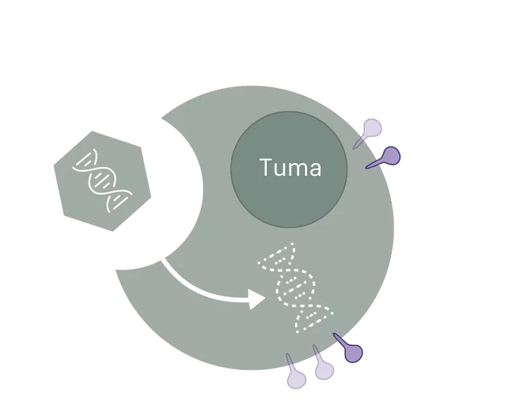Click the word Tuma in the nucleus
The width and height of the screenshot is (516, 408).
[290, 168]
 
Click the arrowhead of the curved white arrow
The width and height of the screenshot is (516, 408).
[257, 299]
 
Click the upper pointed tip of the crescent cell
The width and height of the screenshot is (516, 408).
[161, 120]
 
